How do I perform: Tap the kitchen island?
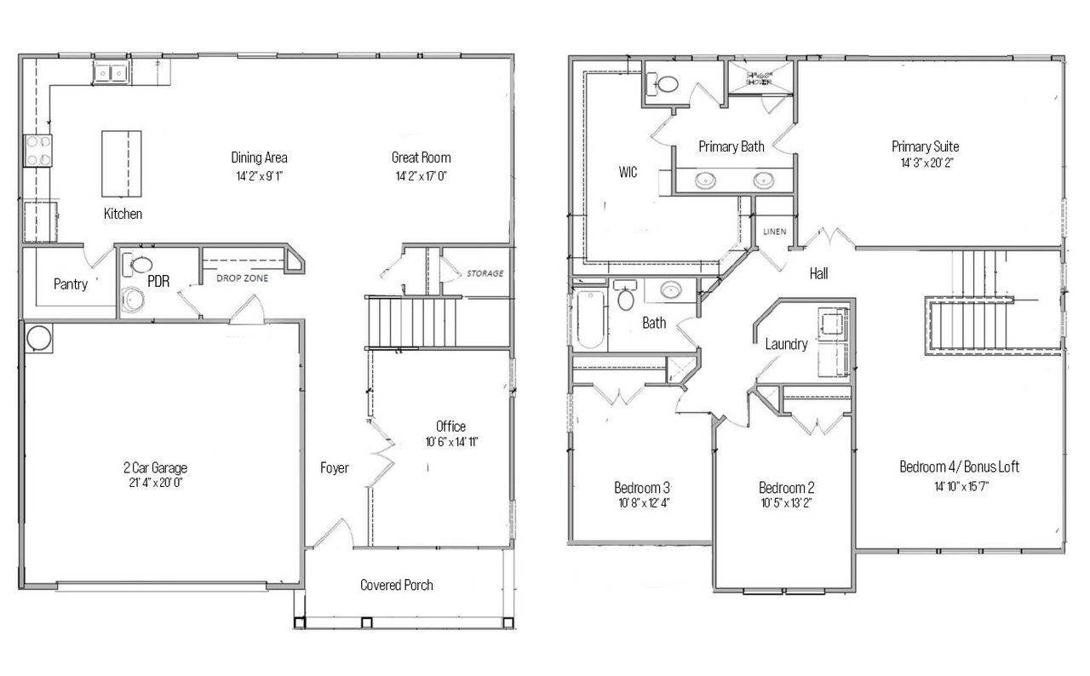(x=121, y=163)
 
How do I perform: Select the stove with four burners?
(x=37, y=151)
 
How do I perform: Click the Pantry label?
(x=71, y=284)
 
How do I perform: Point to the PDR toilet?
(x=141, y=265)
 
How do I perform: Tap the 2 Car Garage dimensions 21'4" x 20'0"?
(x=155, y=482)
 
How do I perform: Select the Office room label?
(x=450, y=426)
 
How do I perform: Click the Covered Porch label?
(x=396, y=585)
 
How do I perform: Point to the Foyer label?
(x=334, y=467)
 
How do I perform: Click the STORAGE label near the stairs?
(x=484, y=273)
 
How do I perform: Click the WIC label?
(x=628, y=172)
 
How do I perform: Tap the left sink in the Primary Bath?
(x=705, y=180)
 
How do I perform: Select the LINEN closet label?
(x=774, y=232)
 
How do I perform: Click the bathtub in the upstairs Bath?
(x=589, y=319)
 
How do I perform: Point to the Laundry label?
(x=785, y=344)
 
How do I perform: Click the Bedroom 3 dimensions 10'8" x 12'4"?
(x=642, y=503)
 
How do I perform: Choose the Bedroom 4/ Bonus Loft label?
(x=959, y=467)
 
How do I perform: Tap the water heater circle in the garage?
(x=38, y=338)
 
